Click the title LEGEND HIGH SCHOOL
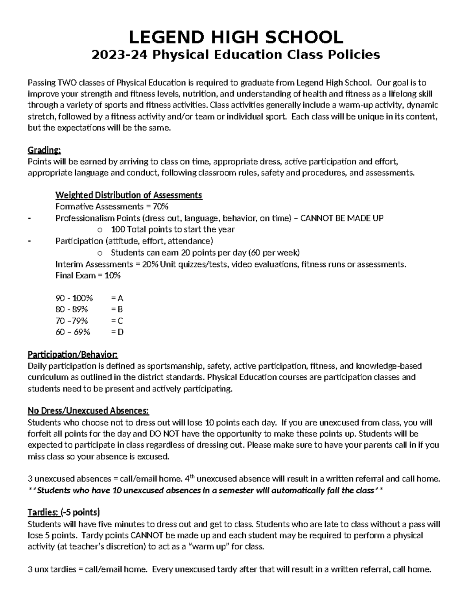(236, 37)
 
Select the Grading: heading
(44, 150)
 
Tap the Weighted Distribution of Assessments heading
(129, 195)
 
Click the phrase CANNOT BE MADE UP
(342, 218)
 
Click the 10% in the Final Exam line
(112, 275)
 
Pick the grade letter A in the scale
(120, 298)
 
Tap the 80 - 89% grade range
(72, 309)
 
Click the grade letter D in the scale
(120, 332)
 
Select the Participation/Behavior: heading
(72, 355)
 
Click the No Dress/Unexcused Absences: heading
(88, 411)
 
